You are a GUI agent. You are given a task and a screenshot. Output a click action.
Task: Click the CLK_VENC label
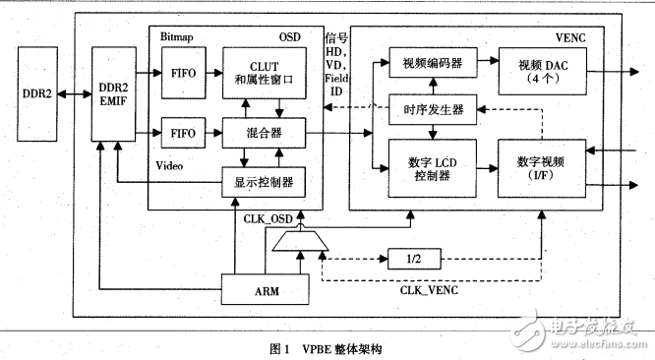[x=429, y=290]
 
